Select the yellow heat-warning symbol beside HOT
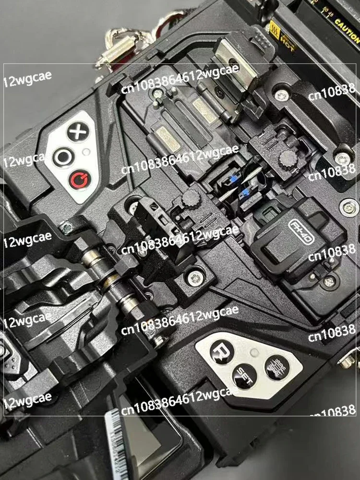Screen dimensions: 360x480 pyautogui.click(x=276, y=29)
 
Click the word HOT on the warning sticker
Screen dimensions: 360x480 pyautogui.click(x=288, y=40)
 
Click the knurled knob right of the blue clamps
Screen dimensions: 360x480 pyautogui.click(x=287, y=158)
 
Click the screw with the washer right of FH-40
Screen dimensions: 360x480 pyautogui.click(x=349, y=207)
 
